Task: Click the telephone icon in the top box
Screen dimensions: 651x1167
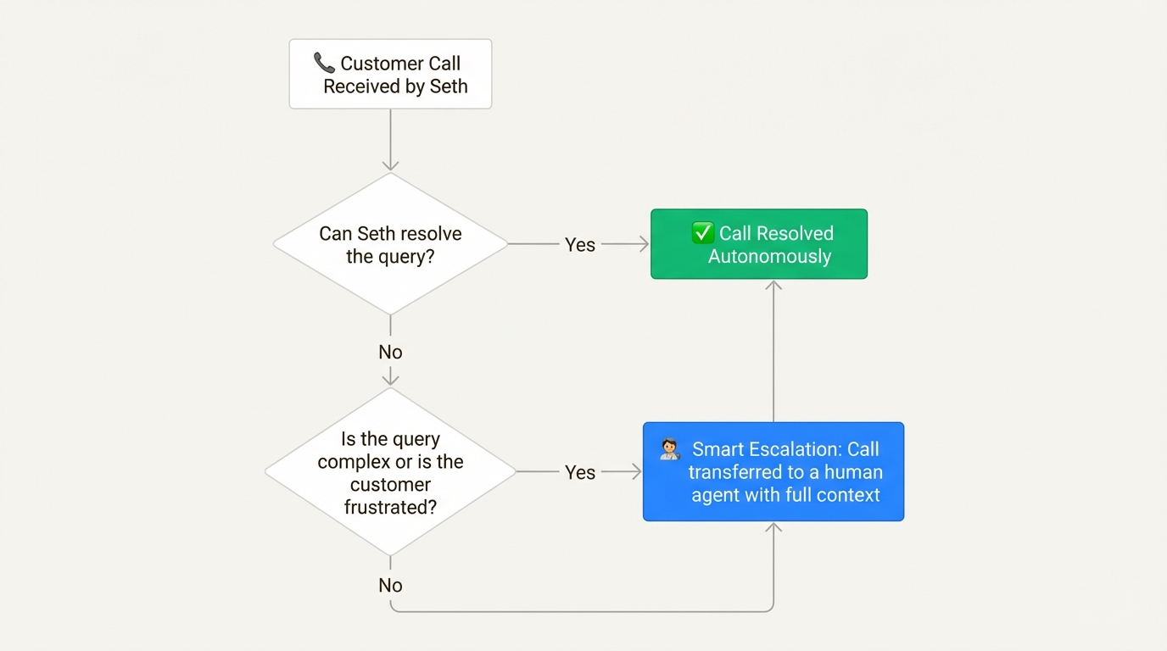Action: click(324, 63)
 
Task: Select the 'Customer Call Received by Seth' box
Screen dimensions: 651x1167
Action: click(390, 74)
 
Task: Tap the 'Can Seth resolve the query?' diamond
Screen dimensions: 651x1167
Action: click(390, 244)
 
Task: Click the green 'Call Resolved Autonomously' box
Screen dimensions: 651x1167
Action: click(759, 244)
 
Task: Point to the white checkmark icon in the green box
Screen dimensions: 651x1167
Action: click(702, 232)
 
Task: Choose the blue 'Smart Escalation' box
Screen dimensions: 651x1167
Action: click(773, 471)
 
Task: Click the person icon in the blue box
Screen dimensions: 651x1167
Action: click(669, 450)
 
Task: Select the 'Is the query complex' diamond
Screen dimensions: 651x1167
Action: click(390, 472)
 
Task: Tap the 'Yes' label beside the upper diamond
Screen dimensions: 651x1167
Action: click(580, 245)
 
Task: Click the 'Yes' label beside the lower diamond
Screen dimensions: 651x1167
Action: click(580, 472)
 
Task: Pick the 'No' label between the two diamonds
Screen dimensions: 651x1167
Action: click(390, 352)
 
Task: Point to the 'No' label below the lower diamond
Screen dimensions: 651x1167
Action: click(390, 585)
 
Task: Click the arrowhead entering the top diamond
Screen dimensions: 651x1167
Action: click(390, 164)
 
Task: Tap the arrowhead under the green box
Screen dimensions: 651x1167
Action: click(773, 287)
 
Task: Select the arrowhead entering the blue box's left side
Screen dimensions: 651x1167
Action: click(635, 471)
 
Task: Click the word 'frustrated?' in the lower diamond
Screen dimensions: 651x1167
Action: click(390, 507)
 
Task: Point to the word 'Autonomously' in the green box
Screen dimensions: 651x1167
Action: click(769, 256)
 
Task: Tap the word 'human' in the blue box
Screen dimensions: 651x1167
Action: click(853, 472)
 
